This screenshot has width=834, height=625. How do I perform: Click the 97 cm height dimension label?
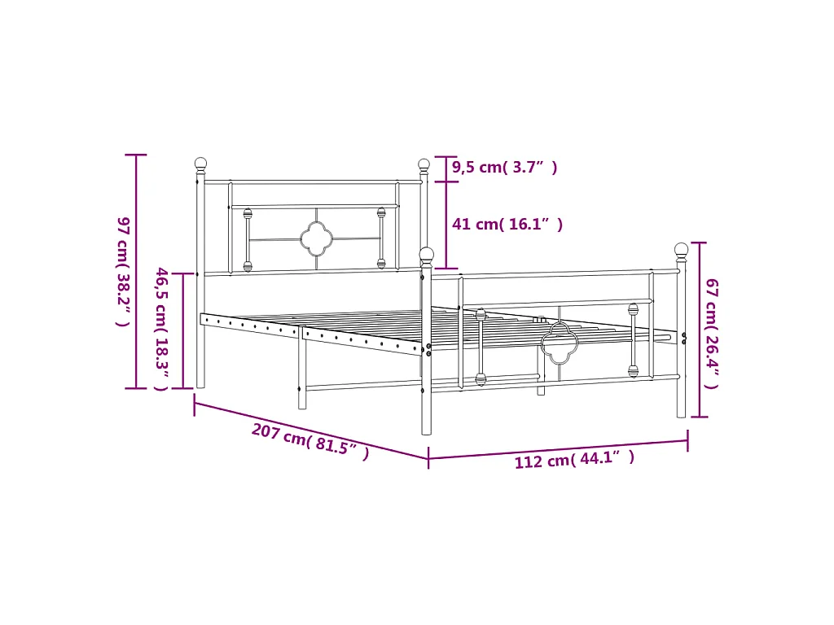point(122,271)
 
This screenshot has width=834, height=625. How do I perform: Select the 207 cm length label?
point(310,442)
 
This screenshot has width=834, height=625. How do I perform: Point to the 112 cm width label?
point(574,461)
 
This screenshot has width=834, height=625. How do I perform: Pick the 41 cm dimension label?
point(507,225)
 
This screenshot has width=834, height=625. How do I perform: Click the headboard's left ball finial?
point(200,164)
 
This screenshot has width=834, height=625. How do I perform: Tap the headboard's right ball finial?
point(424,164)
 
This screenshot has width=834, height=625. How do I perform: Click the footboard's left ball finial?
point(427,255)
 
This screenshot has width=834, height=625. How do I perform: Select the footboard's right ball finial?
point(681,250)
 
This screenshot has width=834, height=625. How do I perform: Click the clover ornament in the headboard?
point(315,238)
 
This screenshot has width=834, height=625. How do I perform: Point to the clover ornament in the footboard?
point(560,342)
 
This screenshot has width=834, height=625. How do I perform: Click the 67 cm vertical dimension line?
point(699,330)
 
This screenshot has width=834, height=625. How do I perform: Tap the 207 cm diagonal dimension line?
point(309,430)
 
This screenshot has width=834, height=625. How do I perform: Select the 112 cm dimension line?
point(558,450)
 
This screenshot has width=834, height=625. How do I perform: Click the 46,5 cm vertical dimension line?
point(183,330)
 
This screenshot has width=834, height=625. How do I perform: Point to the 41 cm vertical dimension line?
point(446,225)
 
